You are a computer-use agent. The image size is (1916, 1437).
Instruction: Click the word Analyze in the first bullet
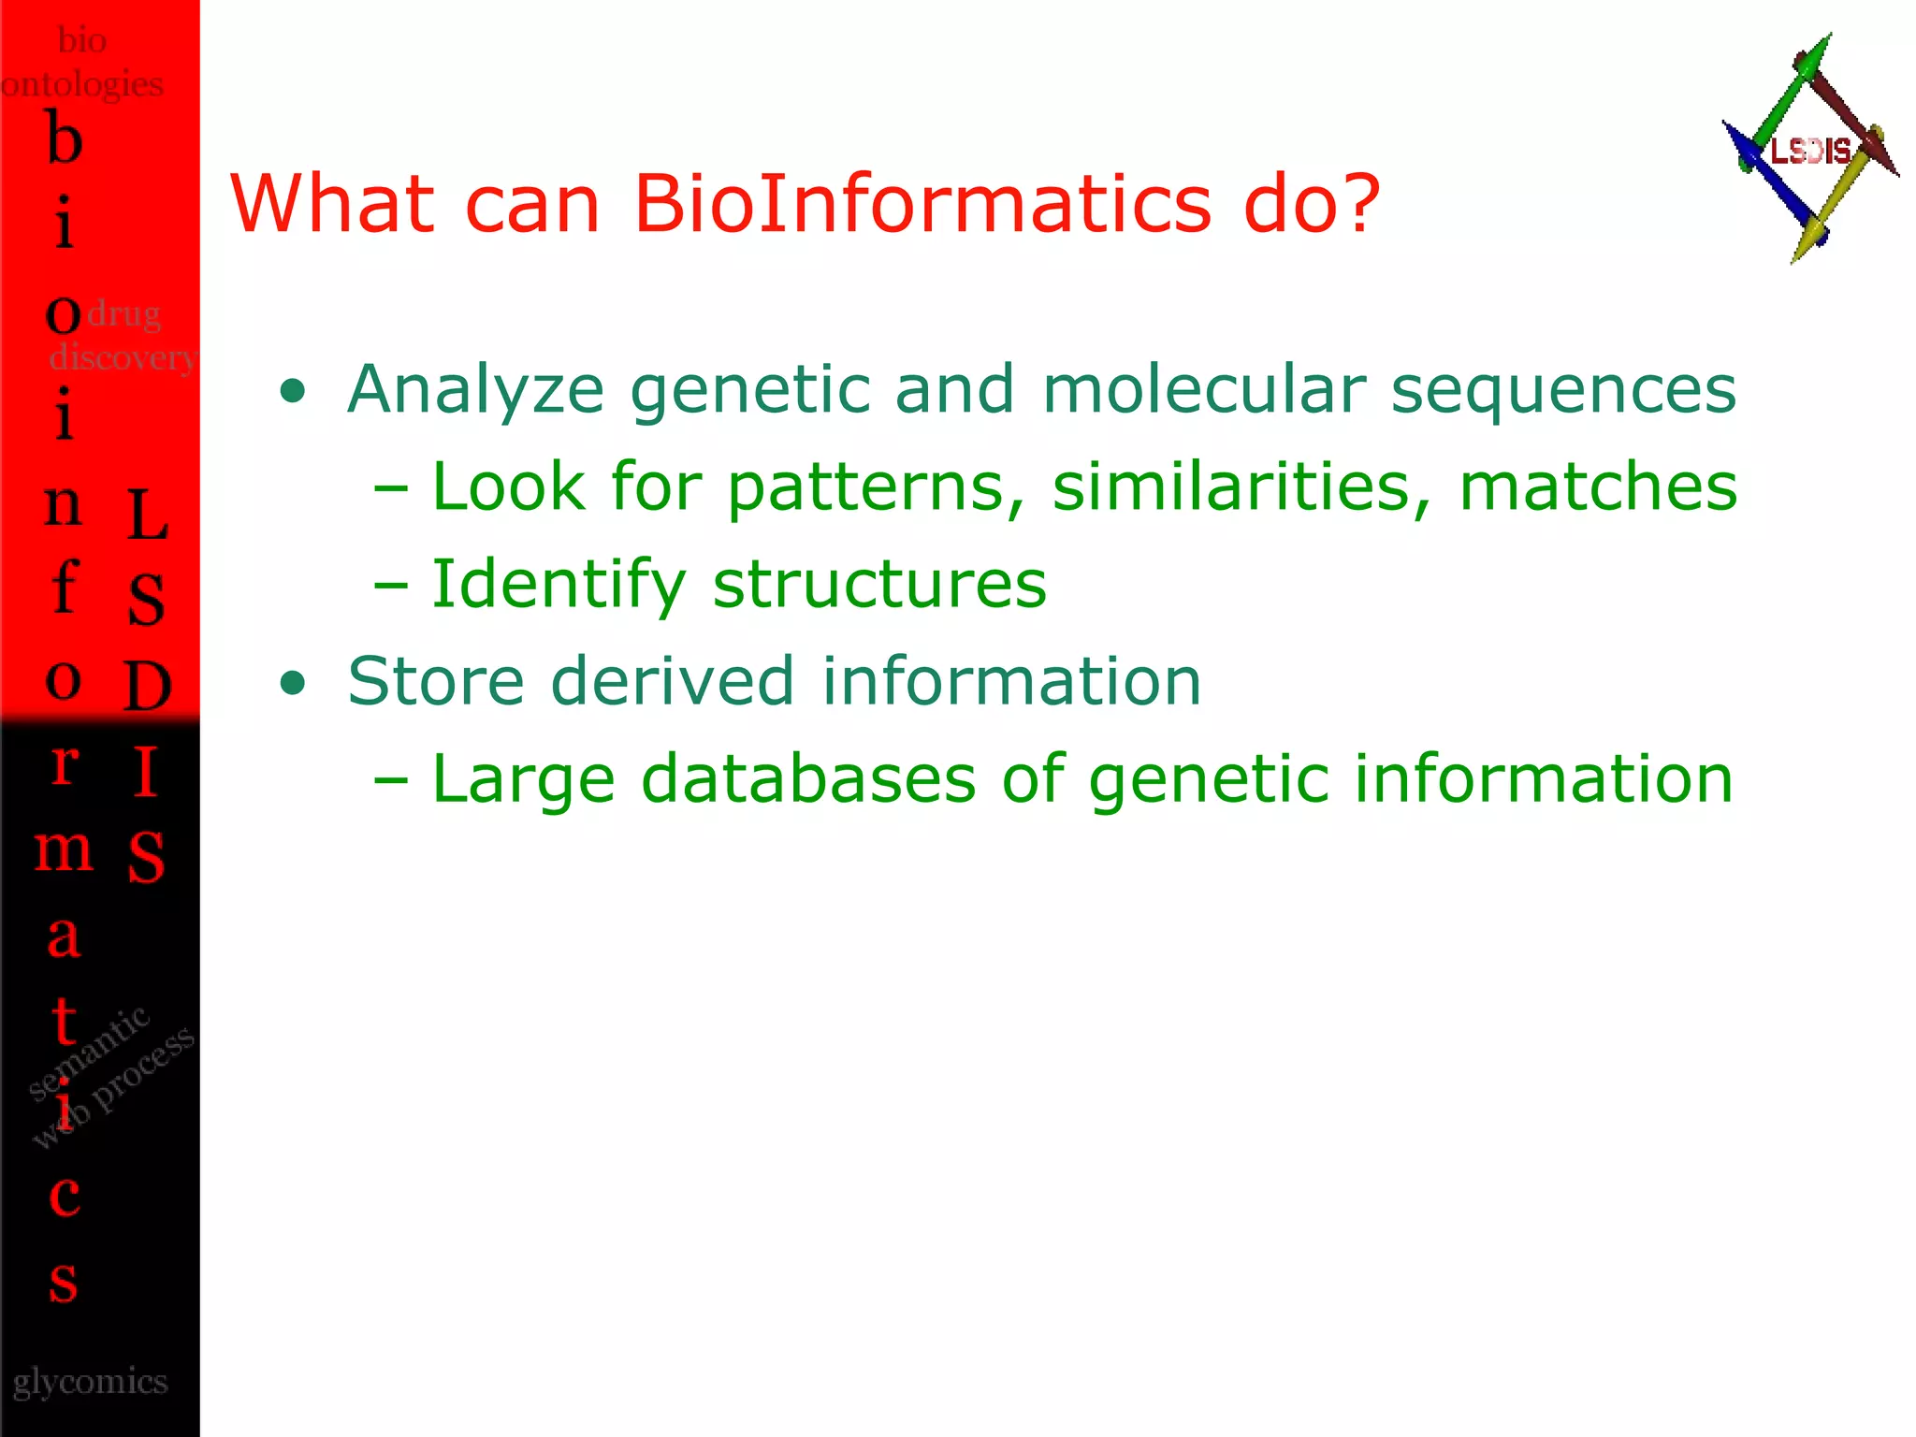(x=475, y=390)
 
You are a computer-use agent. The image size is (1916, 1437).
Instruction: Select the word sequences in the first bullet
(x=1563, y=390)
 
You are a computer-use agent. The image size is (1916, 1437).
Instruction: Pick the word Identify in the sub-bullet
(x=559, y=585)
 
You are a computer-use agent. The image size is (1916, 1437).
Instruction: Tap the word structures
(x=879, y=585)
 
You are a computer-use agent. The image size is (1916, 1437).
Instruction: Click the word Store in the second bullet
(x=436, y=681)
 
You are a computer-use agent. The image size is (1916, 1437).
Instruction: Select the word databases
(x=808, y=779)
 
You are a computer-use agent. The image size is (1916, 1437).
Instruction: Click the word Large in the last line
(x=523, y=781)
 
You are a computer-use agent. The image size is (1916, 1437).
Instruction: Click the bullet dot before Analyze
(x=293, y=391)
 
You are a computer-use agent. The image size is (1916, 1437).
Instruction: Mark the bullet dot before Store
(x=293, y=683)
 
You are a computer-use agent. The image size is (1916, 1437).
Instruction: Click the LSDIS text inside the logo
(x=1810, y=151)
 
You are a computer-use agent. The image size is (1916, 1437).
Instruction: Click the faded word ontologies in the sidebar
(x=82, y=84)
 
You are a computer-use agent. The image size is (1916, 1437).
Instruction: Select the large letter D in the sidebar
(x=147, y=686)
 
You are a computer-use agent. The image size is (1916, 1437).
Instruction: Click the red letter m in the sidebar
(x=64, y=849)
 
